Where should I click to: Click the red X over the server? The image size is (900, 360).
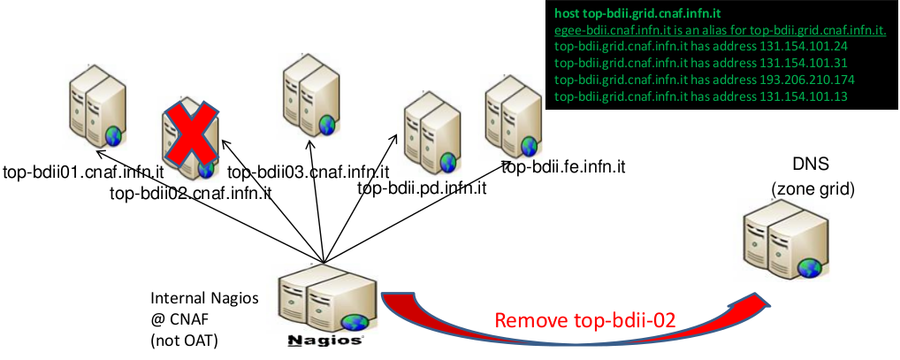pos(189,139)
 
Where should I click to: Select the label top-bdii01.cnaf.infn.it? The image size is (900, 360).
pos(84,172)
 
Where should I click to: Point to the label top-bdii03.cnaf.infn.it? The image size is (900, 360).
pos(309,172)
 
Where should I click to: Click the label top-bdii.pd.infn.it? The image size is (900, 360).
pos(422,188)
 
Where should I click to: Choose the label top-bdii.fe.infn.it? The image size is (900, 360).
pos(564,165)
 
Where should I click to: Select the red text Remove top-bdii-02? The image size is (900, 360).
pos(585,321)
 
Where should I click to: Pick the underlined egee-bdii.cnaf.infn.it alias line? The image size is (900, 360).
pos(720,30)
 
